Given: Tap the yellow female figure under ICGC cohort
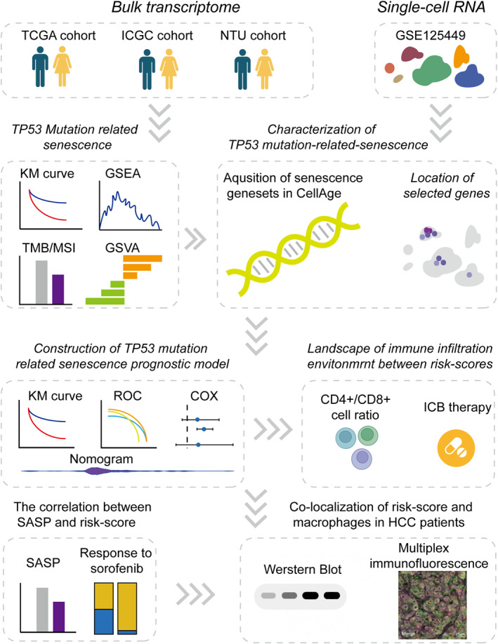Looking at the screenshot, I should [169, 72].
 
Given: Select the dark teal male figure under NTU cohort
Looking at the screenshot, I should [242, 72].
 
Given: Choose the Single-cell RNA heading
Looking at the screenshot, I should [426, 10].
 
